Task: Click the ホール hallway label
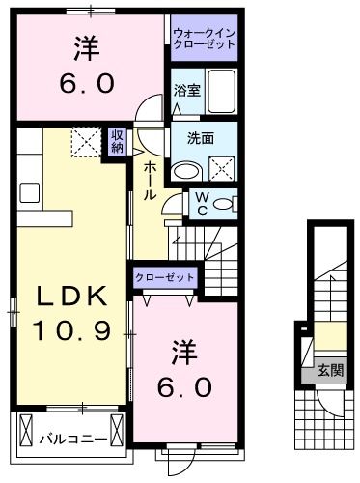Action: (152, 181)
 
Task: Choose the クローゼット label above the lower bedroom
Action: (165, 277)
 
